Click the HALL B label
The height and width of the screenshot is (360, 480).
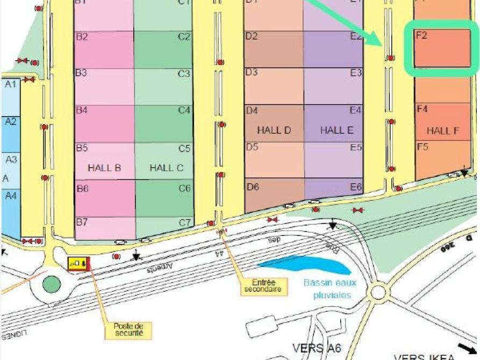[104, 168]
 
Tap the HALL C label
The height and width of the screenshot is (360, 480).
[166, 168]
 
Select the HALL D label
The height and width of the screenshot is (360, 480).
[274, 130]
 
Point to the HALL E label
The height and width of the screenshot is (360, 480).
[336, 130]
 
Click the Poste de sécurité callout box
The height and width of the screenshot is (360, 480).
[128, 329]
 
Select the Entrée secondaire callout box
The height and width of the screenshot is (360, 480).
[263, 286]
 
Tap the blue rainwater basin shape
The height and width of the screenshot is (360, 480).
[304, 265]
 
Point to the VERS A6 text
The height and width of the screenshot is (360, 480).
[317, 348]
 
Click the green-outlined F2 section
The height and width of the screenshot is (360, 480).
[442, 49]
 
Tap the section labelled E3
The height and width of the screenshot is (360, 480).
[333, 86]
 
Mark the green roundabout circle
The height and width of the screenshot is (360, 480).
[52, 283]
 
